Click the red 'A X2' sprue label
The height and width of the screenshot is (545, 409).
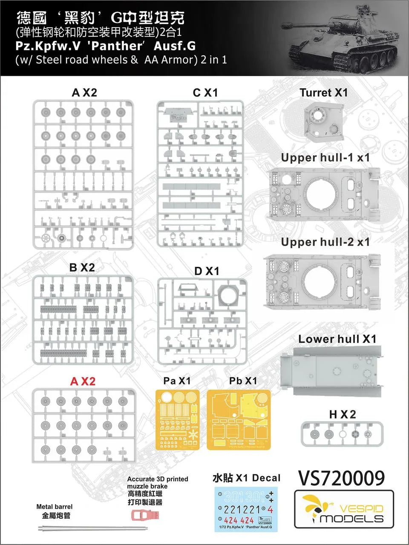pos(83,381)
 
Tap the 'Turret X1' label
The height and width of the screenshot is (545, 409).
pos(324,92)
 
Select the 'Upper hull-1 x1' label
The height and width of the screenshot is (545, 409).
pos(325,158)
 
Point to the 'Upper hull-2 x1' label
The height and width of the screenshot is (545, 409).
pos(325,242)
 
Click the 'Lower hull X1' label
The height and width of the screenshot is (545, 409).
pos(337,339)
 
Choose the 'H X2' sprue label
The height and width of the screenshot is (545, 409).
pos(343,414)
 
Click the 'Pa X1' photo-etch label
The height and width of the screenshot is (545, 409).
pos(177,381)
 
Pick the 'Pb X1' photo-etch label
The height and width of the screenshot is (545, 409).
pos(243,381)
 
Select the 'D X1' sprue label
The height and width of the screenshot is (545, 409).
pos(207,271)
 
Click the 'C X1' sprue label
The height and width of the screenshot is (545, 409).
pos(205,92)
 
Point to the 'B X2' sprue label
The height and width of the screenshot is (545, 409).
pos(82,267)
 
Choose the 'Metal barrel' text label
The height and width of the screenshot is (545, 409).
pos(55,506)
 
